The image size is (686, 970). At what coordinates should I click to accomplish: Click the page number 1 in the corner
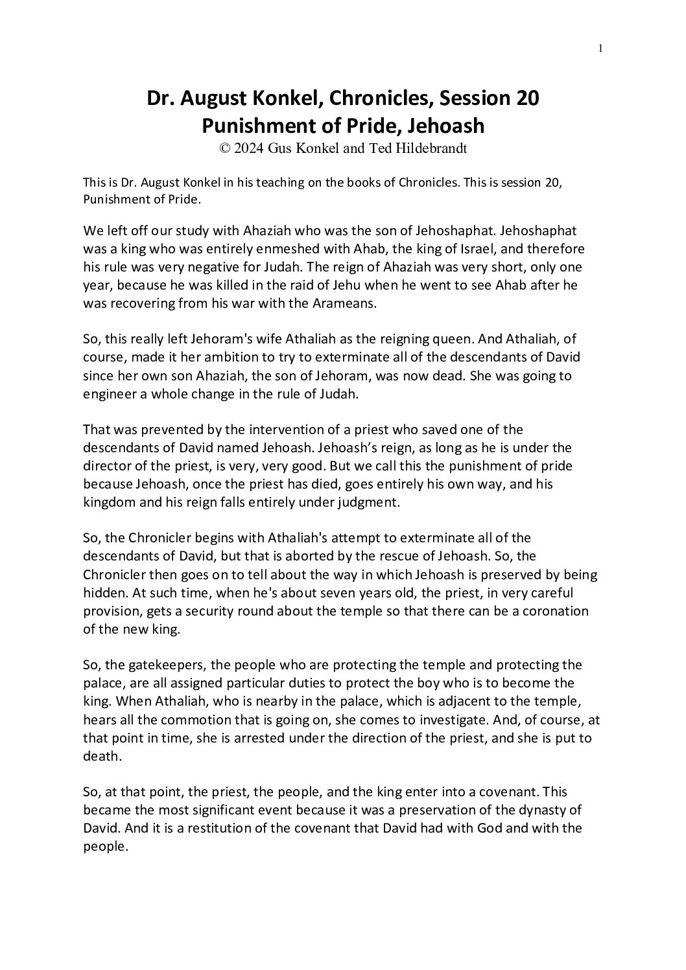coord(601,47)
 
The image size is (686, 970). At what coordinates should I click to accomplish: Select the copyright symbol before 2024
coord(225,148)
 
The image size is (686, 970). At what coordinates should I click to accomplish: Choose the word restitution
coord(193,828)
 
